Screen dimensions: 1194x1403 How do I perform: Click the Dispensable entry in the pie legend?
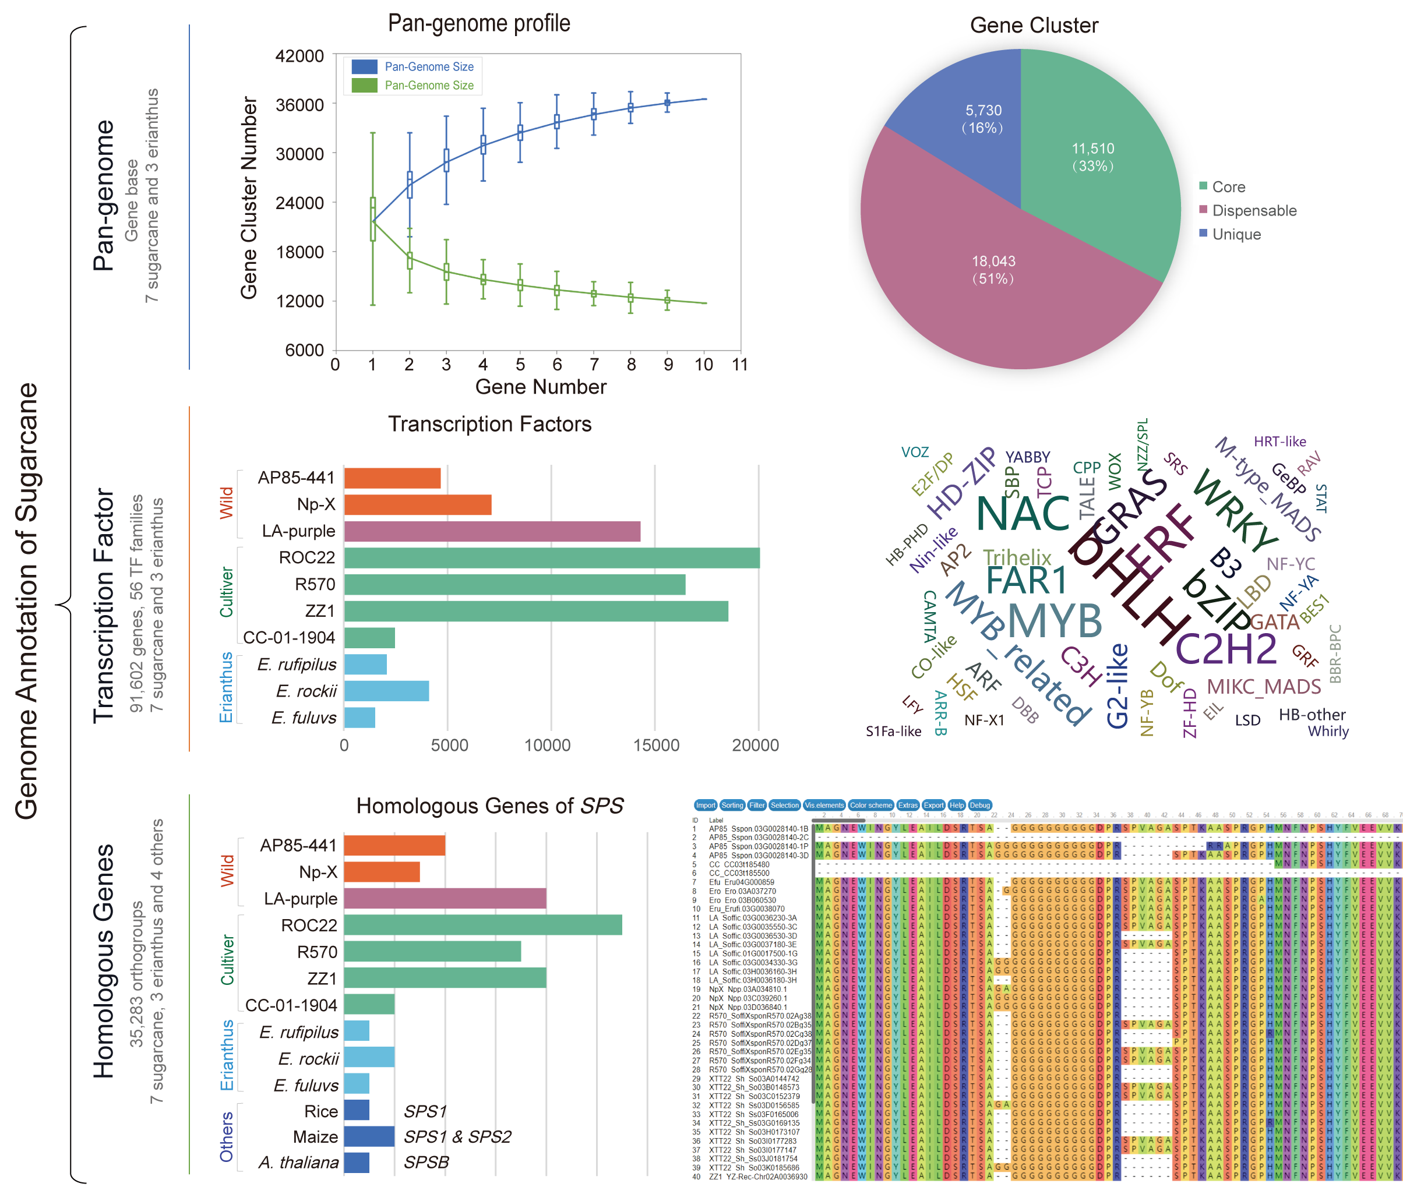pyautogui.click(x=1253, y=210)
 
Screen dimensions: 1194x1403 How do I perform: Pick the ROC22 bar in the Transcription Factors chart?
pyautogui.click(x=551, y=558)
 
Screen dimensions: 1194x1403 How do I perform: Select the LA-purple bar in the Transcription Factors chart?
pyautogui.click(x=492, y=531)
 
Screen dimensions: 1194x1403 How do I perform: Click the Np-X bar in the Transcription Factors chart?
pyautogui.click(x=417, y=505)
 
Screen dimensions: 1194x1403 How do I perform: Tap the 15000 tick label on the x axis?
pyautogui.click(x=655, y=746)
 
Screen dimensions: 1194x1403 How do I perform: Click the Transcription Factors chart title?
pyautogui.click(x=489, y=425)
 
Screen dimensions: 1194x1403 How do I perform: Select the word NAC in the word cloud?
pyautogui.click(x=1023, y=514)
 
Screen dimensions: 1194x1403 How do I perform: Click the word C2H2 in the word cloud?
pyautogui.click(x=1226, y=650)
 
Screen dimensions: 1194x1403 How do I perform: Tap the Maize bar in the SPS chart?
pyautogui.click(x=369, y=1136)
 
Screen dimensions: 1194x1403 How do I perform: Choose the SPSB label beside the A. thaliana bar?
pyautogui.click(x=426, y=1162)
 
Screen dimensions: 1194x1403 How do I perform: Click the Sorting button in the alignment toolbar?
pyautogui.click(x=732, y=806)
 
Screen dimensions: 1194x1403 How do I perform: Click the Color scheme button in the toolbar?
pyautogui.click(x=871, y=806)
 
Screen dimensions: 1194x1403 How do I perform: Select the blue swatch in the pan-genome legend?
pyautogui.click(x=364, y=66)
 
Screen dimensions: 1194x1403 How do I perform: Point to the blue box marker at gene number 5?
pyautogui.click(x=520, y=132)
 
